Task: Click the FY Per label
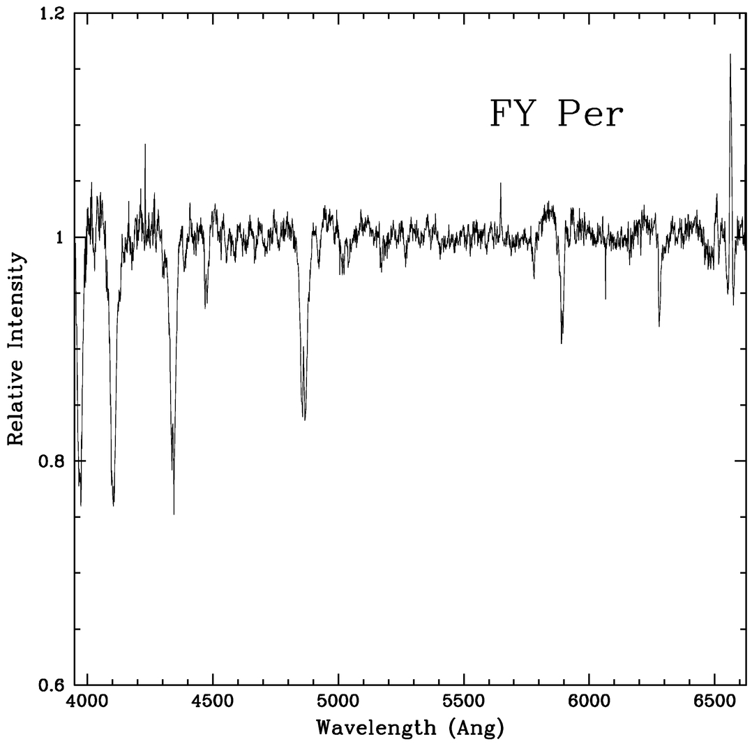click(555, 114)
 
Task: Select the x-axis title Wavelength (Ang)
click(409, 727)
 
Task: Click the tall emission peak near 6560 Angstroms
click(730, 54)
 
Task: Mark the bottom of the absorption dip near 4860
click(304, 419)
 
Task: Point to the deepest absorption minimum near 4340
click(174, 514)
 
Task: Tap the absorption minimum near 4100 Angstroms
click(113, 504)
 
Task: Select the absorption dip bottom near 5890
click(562, 343)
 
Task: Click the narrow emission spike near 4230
click(145, 144)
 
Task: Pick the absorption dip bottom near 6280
click(659, 326)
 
